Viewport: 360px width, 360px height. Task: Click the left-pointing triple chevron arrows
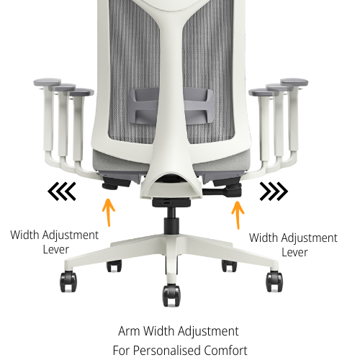click(x=62, y=192)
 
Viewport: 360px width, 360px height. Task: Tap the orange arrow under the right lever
click(x=236, y=214)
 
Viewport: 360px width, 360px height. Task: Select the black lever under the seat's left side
click(x=112, y=184)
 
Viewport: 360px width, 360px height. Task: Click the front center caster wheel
click(x=171, y=294)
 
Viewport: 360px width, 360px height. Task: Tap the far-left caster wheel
click(x=69, y=281)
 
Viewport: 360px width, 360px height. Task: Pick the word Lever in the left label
click(x=55, y=249)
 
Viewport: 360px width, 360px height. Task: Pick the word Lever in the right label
click(x=294, y=252)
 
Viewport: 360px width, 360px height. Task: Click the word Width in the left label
click(x=24, y=235)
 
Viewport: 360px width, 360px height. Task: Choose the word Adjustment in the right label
click(x=307, y=238)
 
